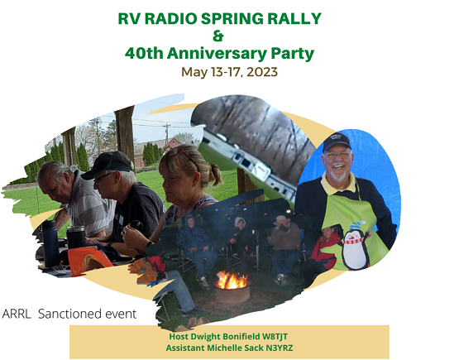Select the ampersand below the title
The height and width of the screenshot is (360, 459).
tap(218, 36)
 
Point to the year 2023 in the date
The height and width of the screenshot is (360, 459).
tap(261, 72)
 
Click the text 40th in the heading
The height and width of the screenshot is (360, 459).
tap(145, 54)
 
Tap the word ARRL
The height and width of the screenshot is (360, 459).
tap(18, 314)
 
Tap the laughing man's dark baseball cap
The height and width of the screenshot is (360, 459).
tap(337, 142)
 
